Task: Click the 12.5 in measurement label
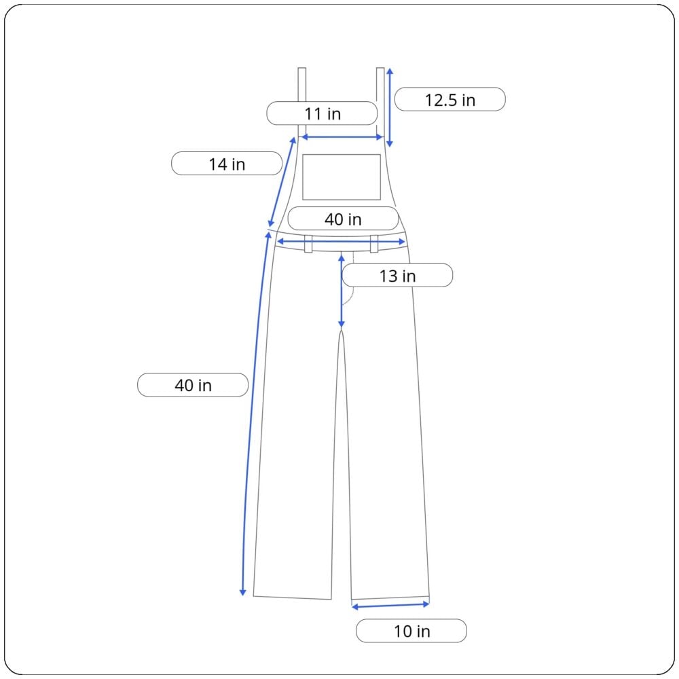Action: click(450, 100)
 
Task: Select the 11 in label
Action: click(322, 113)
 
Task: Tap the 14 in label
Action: click(227, 164)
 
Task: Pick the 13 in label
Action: click(397, 276)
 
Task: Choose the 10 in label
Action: click(411, 631)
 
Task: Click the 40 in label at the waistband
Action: click(343, 219)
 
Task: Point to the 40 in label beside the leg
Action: click(193, 385)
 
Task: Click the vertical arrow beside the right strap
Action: click(389, 107)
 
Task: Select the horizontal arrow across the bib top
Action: click(342, 137)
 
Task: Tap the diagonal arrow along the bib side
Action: click(282, 182)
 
